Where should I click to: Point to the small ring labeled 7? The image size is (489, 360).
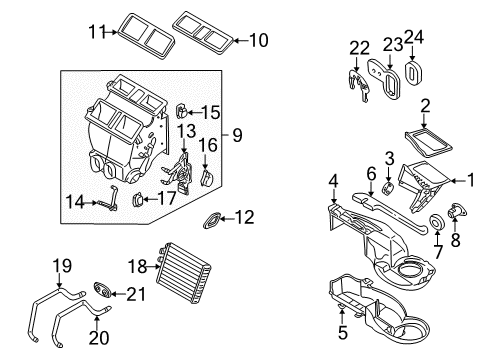click(436, 221)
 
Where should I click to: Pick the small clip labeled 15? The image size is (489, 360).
click(182, 110)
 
